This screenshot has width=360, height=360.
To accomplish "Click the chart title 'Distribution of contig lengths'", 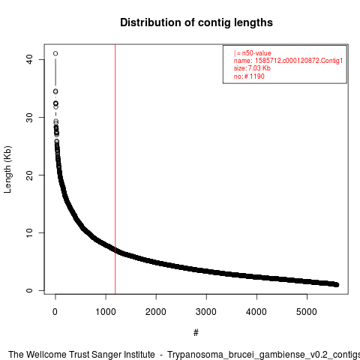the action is (x=196, y=22).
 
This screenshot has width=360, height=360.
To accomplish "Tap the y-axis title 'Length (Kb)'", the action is (x=7, y=169).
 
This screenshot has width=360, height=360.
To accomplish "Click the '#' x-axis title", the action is (x=196, y=333).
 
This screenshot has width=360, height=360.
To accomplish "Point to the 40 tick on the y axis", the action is (x=29, y=59).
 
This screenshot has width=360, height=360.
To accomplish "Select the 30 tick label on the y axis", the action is (x=29, y=118).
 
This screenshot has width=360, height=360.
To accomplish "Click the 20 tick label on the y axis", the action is (x=29, y=175).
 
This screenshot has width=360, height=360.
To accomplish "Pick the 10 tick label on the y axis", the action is (x=29, y=233).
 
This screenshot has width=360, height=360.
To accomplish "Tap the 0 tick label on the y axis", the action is (x=29, y=290).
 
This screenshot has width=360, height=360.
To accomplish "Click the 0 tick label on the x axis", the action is (x=55, y=312).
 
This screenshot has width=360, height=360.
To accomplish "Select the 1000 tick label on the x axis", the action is (x=106, y=312).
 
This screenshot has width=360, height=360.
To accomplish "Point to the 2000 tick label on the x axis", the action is (x=156, y=312).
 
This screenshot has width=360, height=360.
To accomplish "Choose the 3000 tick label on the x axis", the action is (x=206, y=312).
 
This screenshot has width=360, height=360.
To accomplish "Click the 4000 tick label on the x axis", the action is (x=256, y=312).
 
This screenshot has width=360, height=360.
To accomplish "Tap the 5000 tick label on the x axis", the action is (x=307, y=312).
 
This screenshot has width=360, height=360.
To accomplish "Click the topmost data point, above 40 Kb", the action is (x=55, y=53).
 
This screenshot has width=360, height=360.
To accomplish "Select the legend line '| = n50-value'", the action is (x=253, y=53).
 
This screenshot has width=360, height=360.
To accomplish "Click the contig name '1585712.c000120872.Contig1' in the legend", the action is (x=298, y=61).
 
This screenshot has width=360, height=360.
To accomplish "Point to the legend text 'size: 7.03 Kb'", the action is (x=252, y=68).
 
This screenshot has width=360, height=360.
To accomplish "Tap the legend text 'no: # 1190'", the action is (x=249, y=76).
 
